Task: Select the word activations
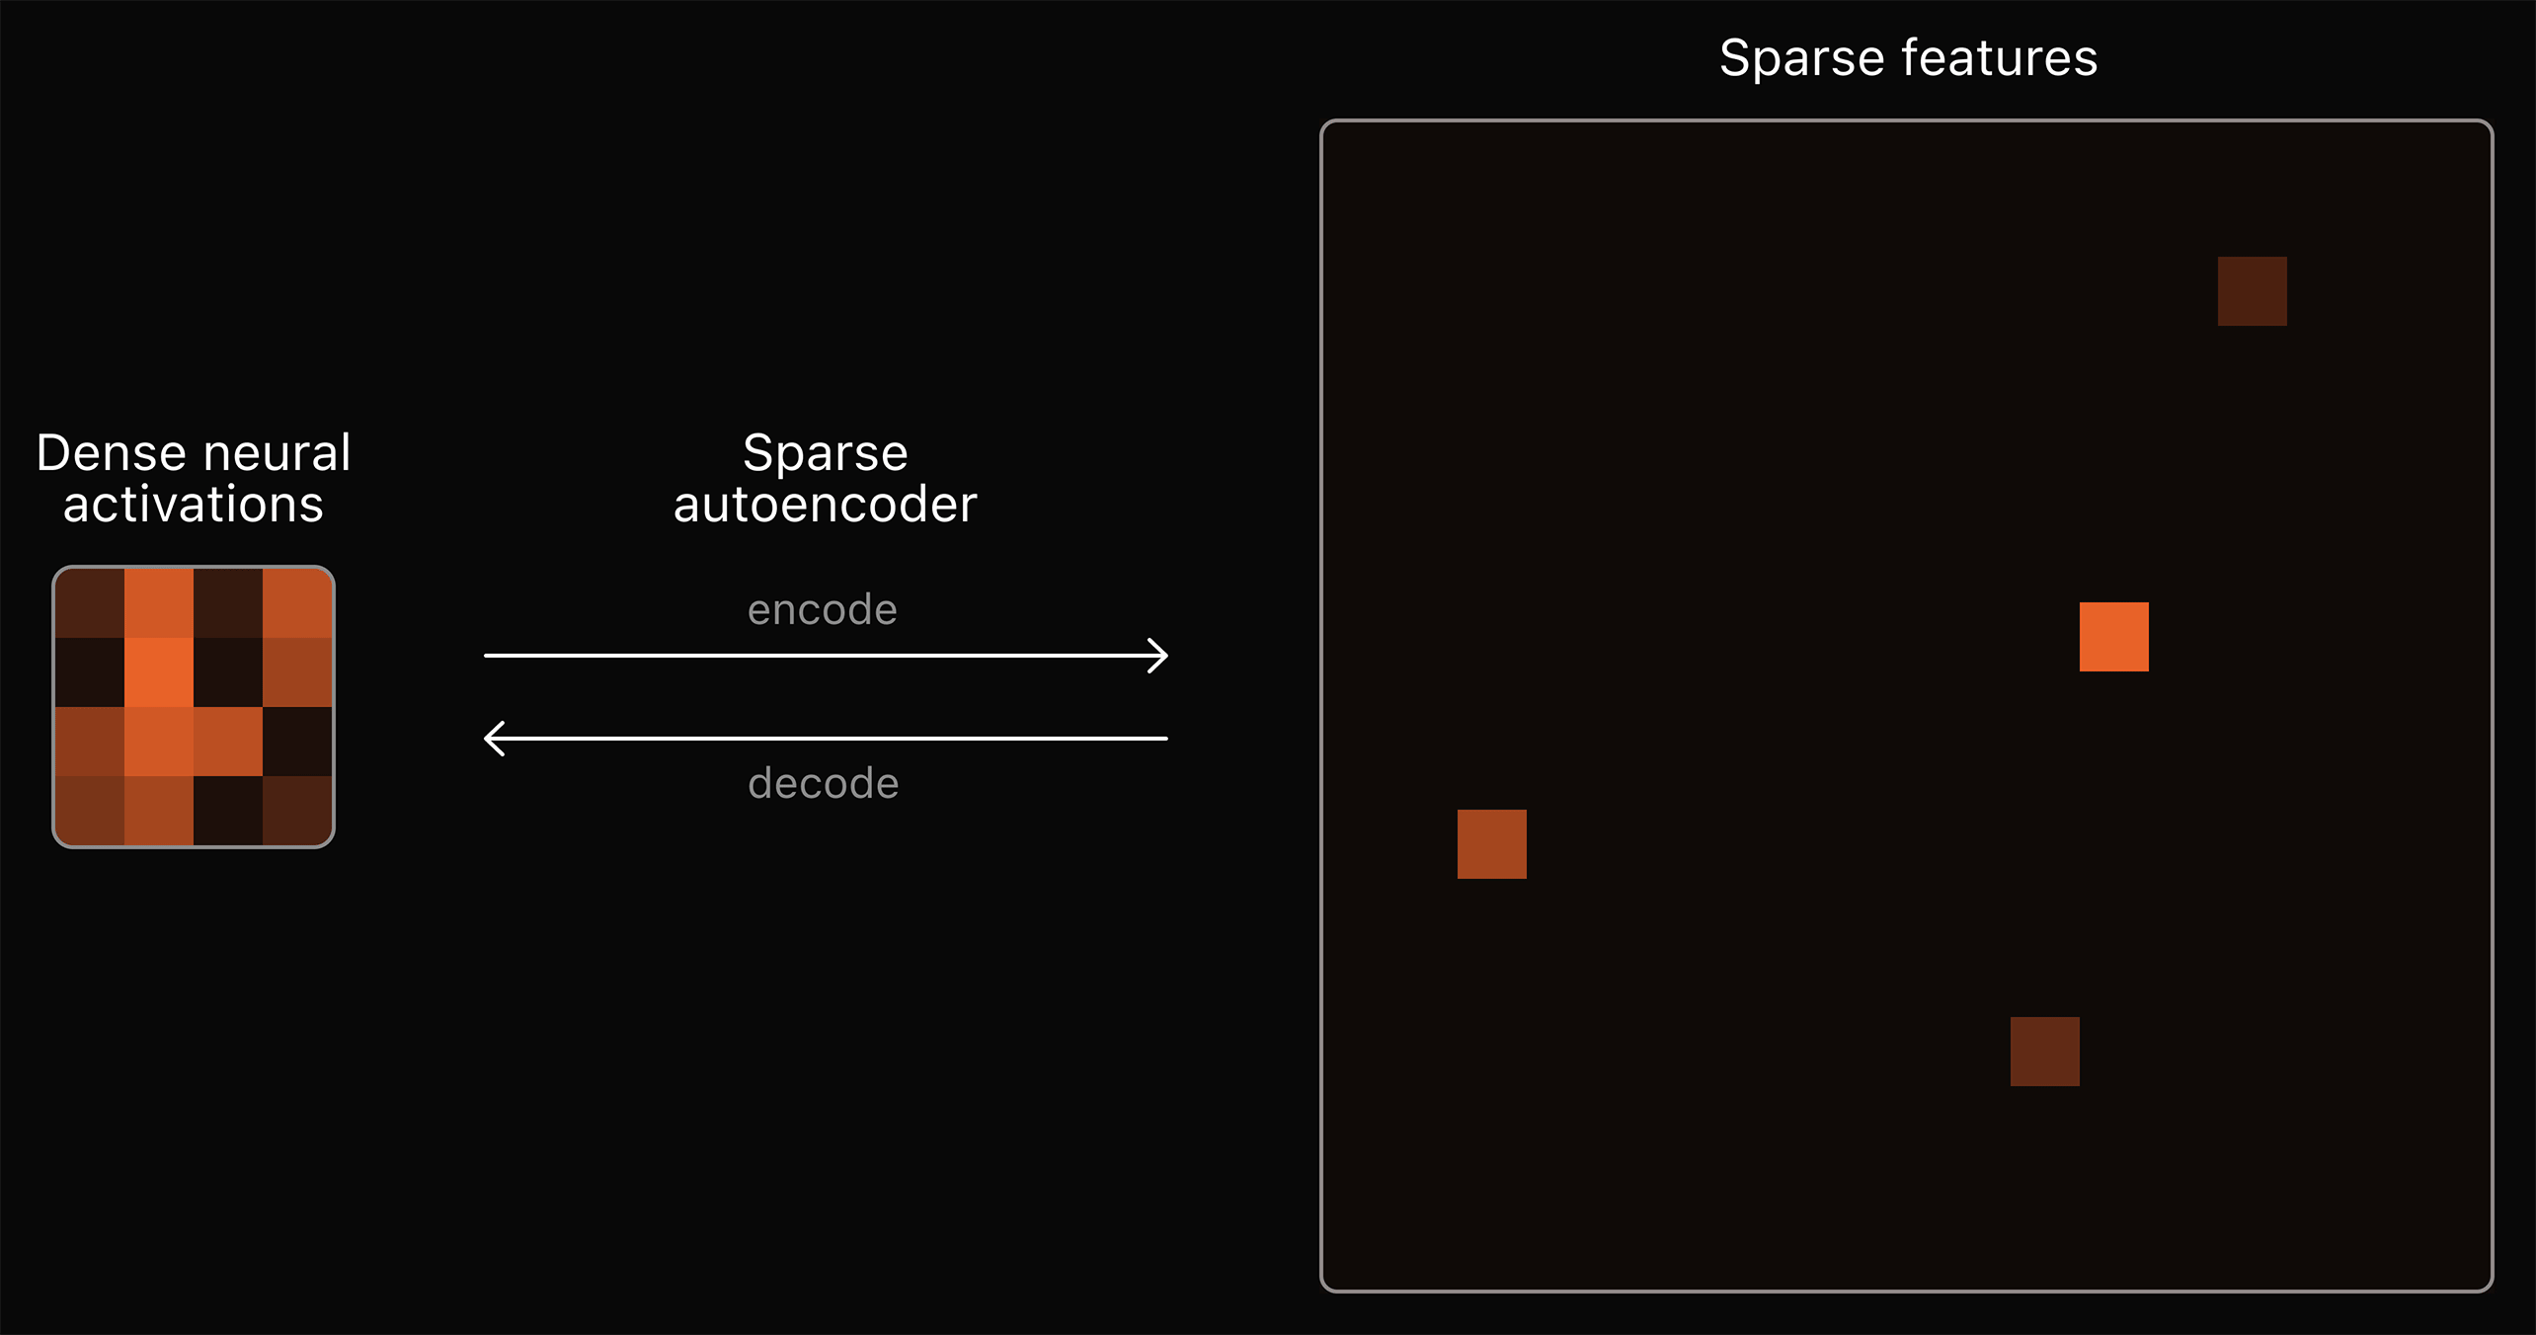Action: click(194, 505)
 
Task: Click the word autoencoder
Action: click(826, 505)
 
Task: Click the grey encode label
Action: click(823, 610)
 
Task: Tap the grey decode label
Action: click(824, 784)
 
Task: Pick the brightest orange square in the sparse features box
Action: click(2114, 637)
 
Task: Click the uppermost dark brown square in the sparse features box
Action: click(2253, 291)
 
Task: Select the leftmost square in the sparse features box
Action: click(1492, 844)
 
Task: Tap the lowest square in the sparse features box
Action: click(2045, 1052)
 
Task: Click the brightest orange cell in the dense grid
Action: click(159, 672)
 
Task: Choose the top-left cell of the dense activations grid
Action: click(90, 603)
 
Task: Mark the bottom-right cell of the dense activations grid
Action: click(297, 811)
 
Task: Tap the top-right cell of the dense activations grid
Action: click(297, 603)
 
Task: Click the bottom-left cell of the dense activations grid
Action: click(90, 811)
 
